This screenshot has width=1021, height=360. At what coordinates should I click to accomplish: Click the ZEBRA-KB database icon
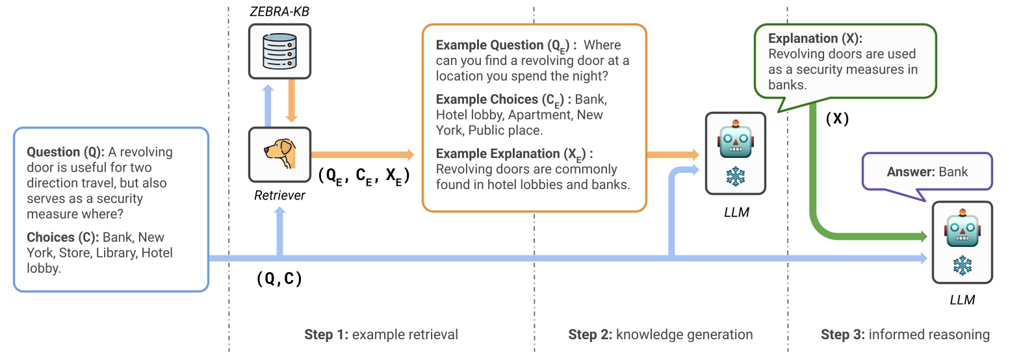coord(279,51)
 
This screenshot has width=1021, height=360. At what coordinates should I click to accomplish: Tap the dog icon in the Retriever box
coord(280,154)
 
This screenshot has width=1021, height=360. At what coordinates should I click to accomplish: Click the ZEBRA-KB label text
coord(279,12)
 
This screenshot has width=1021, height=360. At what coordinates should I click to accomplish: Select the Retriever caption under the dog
coord(279,196)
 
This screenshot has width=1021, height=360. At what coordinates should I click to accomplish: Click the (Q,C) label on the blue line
coord(279,279)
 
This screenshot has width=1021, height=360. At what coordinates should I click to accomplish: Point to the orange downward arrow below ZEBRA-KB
coord(291,101)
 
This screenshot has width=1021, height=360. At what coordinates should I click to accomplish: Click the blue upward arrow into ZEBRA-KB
coord(268,104)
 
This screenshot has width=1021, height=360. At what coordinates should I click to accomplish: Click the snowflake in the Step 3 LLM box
coord(962,265)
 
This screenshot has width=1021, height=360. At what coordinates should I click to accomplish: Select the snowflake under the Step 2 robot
coord(735,176)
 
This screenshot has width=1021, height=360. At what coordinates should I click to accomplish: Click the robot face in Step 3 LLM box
coord(962,229)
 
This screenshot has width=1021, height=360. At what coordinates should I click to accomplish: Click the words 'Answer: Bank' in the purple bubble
coord(927,172)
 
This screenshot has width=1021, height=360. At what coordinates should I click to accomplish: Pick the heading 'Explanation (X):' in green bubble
coord(815,38)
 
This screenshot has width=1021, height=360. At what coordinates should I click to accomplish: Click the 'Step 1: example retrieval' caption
coord(381,335)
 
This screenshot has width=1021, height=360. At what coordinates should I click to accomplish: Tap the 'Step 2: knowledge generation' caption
coord(660,335)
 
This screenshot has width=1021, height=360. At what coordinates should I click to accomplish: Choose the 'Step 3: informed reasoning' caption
coord(905,335)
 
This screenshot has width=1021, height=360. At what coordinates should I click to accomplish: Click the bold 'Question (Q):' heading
coord(65,152)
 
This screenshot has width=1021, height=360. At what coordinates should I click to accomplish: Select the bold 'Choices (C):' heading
coord(63,237)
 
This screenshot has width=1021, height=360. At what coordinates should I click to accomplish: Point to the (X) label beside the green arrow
coord(837,119)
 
